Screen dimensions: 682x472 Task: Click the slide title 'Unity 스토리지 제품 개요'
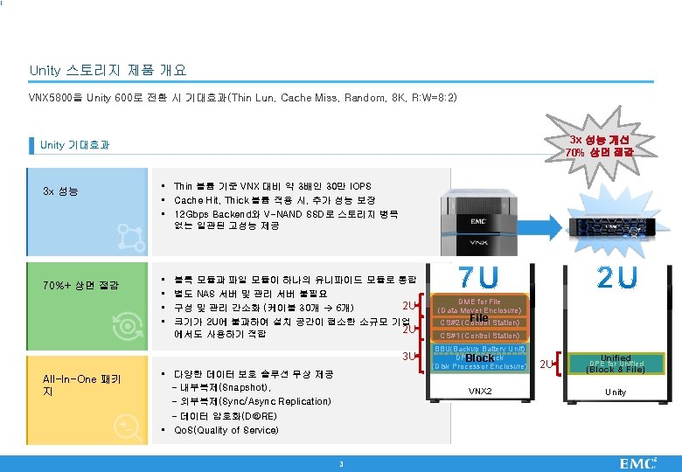108,69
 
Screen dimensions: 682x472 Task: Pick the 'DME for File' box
479,306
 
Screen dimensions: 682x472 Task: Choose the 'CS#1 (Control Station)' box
479,336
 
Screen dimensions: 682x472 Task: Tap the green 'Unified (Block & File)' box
616,363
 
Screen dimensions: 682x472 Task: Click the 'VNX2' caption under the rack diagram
480,391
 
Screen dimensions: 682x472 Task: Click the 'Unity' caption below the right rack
616,392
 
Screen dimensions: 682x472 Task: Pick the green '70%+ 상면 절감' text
80,286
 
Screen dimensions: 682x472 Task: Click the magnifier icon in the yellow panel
129,427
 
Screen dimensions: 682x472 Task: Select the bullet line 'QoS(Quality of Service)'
223,429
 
